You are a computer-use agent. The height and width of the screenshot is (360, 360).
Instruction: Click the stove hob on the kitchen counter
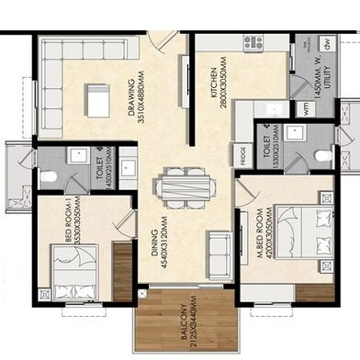[x=253, y=42]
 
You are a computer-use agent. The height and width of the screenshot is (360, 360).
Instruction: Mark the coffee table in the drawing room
[x=95, y=96]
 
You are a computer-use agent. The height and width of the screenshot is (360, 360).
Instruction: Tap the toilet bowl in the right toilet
[x=321, y=156]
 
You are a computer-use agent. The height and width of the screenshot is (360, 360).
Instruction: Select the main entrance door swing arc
[x=163, y=41]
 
